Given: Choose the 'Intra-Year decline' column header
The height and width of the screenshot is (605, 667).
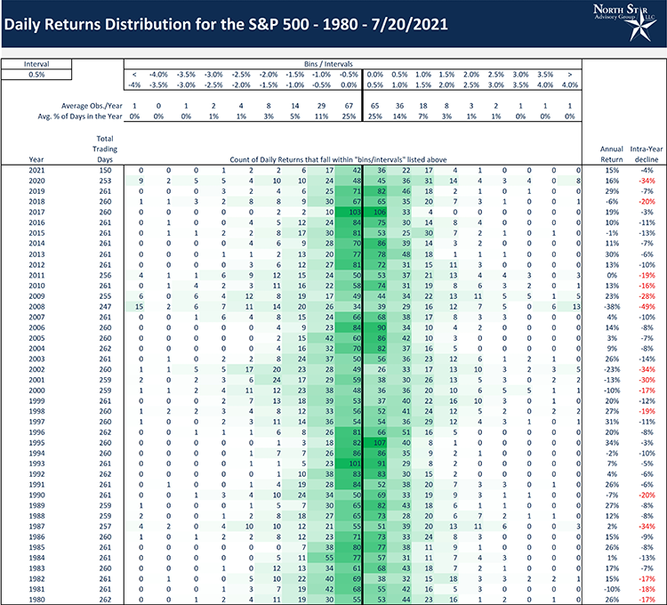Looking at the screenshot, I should pyautogui.click(x=647, y=149).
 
